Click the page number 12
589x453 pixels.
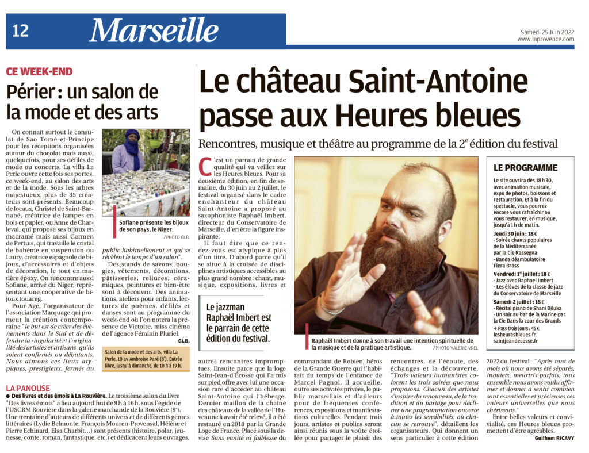(20, 31)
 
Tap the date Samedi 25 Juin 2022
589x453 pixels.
(545, 31)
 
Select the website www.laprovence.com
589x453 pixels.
(545, 39)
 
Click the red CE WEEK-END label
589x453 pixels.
(39, 71)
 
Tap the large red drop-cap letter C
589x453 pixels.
(203, 167)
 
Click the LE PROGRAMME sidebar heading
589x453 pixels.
(525, 168)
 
